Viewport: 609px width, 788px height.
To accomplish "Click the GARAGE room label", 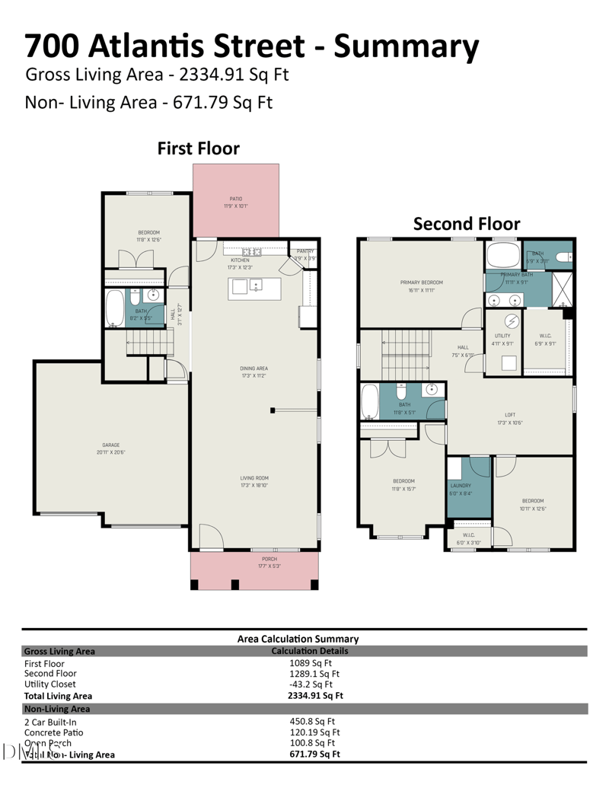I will point(111,445).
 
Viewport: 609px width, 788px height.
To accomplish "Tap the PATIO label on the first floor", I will point(236,199).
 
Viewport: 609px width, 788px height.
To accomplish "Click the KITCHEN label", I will point(241,260).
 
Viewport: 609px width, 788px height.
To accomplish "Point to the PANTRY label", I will point(305,251).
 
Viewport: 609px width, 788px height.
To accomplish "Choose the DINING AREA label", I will point(254,368).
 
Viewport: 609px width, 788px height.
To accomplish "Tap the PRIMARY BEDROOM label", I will point(422,282).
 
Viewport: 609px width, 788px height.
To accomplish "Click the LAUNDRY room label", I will point(461,486).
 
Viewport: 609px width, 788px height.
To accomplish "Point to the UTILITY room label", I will point(502,336).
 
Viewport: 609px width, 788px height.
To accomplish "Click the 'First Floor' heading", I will point(198,148).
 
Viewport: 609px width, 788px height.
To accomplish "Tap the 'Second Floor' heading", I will point(466,224).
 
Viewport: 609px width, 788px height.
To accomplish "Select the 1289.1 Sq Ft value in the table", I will point(314,674).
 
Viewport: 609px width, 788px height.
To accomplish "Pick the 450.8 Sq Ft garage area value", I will point(311,722).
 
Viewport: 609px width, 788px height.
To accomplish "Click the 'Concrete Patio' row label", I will point(56,732).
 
